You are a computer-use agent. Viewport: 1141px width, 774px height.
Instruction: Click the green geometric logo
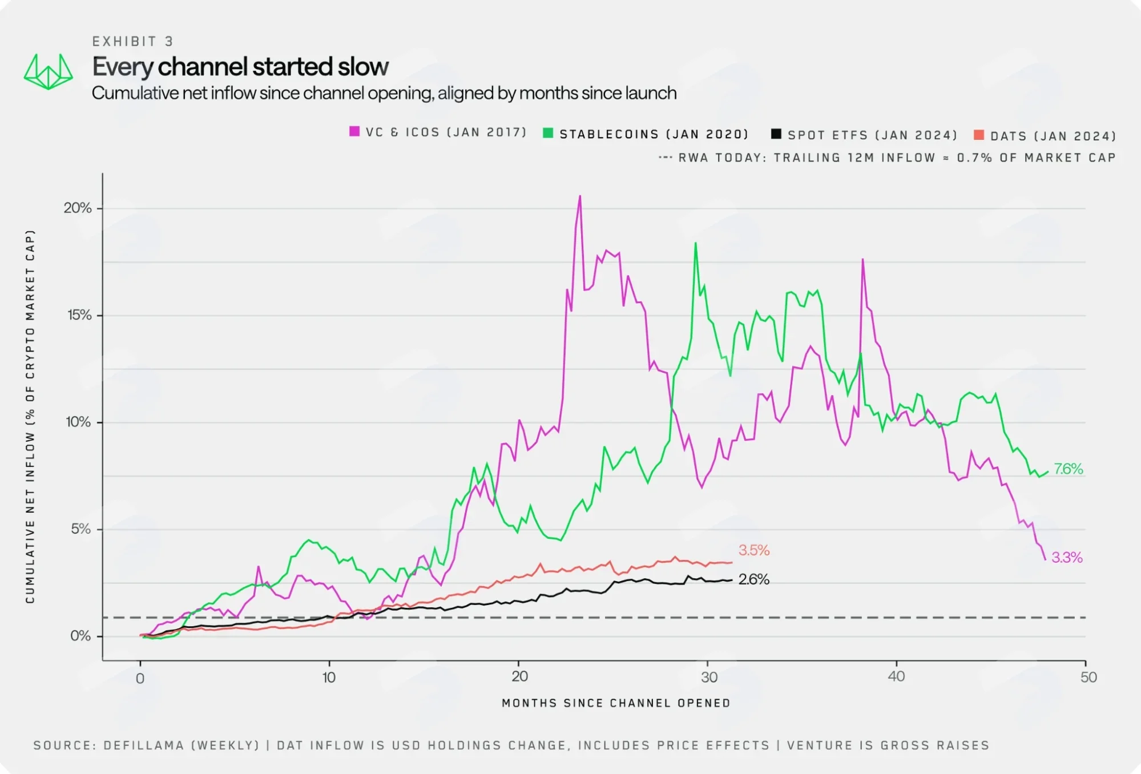click(x=49, y=72)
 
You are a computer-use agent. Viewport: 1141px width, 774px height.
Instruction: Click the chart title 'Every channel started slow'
click(x=240, y=67)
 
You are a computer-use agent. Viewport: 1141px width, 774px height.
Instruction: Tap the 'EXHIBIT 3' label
click(x=133, y=41)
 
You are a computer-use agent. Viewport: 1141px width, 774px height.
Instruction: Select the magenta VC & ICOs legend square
click(x=354, y=132)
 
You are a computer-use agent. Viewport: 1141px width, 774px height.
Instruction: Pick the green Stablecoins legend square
click(x=548, y=133)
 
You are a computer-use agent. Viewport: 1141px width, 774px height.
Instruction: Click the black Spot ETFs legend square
click(x=776, y=134)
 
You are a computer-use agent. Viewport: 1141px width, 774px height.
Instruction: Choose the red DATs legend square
click(x=979, y=135)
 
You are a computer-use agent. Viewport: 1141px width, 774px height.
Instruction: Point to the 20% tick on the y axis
click(x=78, y=208)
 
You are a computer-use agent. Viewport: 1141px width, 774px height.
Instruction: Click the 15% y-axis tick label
click(x=79, y=315)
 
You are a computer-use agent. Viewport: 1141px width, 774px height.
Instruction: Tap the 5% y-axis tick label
click(x=81, y=529)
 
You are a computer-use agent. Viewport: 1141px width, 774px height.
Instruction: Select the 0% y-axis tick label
click(x=80, y=636)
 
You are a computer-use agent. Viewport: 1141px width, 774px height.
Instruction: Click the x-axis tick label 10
click(x=329, y=678)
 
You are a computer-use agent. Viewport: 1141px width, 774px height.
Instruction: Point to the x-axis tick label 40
click(x=896, y=676)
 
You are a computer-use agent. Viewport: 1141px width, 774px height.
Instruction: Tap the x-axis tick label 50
click(x=1088, y=678)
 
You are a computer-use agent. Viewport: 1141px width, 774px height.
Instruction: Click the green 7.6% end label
click(x=1069, y=469)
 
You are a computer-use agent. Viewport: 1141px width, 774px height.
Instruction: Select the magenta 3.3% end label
click(x=1067, y=558)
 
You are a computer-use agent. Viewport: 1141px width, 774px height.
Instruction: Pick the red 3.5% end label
click(x=754, y=550)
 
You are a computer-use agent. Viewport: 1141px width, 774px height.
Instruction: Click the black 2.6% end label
click(x=754, y=579)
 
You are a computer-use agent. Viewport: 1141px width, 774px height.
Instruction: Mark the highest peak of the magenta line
click(x=580, y=196)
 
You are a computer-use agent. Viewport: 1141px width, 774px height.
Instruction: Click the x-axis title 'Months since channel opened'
click(x=616, y=703)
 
